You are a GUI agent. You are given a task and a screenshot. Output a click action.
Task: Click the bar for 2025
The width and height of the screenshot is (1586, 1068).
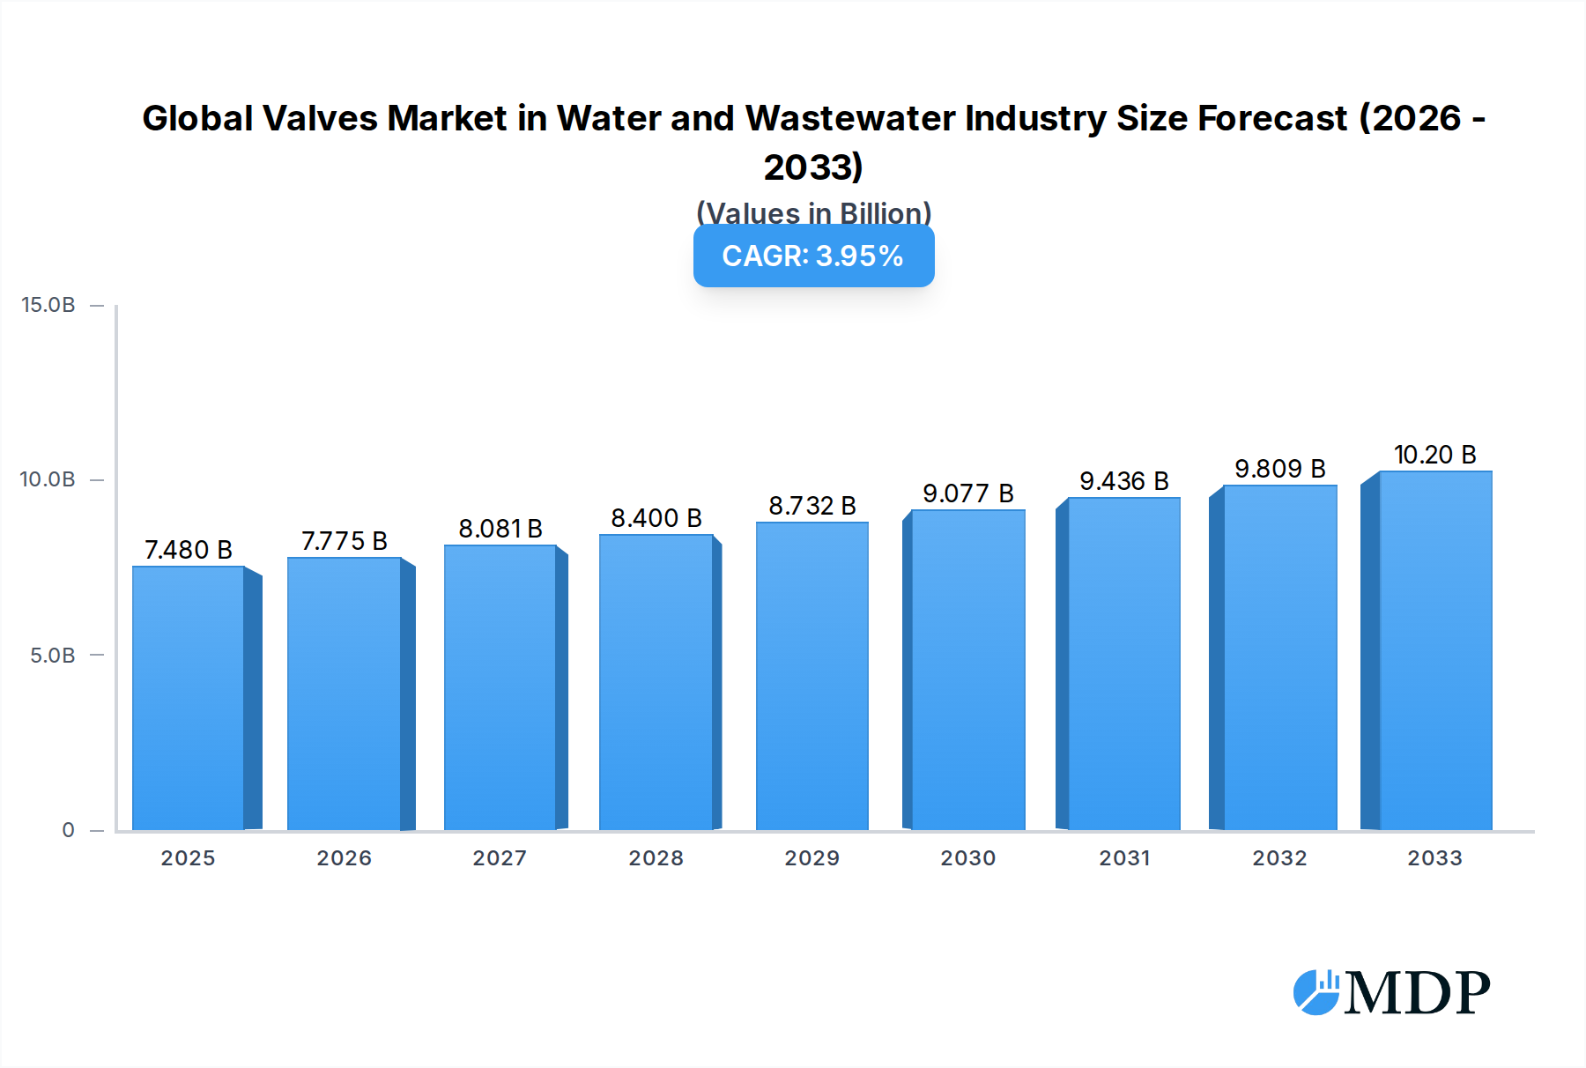[189, 698]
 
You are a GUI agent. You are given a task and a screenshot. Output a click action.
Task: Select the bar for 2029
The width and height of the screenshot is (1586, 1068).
[812, 676]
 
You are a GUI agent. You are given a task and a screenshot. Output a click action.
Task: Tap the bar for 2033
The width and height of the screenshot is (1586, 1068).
[1434, 650]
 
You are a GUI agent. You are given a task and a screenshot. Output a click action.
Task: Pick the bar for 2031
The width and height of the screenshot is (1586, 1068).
[1123, 664]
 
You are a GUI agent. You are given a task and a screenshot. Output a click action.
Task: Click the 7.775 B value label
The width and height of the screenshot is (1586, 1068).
[345, 541]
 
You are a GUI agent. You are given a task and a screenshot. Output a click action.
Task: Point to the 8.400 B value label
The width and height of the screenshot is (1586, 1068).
[656, 518]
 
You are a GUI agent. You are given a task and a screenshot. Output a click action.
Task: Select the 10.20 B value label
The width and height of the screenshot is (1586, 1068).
[1434, 455]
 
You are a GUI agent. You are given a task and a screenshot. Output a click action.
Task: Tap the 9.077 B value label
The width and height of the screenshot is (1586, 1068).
[967, 493]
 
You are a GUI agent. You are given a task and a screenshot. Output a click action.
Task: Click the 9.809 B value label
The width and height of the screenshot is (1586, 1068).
[1279, 469]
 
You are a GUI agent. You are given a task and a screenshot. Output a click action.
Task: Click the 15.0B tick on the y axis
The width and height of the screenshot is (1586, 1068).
[48, 305]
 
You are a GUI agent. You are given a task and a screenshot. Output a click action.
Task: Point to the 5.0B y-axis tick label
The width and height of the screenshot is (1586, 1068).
[53, 656]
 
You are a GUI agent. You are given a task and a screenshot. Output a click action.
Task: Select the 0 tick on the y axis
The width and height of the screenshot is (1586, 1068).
[68, 830]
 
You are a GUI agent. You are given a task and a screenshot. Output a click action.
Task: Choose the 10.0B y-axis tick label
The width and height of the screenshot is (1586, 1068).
[48, 479]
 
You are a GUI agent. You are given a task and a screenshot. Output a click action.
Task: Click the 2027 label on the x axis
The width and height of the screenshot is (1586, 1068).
[500, 858]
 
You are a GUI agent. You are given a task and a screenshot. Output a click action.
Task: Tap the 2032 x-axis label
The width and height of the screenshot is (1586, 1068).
[1279, 858]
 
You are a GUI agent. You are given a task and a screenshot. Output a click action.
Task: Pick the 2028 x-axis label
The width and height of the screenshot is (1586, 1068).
[656, 858]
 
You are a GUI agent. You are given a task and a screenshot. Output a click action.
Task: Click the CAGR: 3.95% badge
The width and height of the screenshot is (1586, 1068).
[813, 256]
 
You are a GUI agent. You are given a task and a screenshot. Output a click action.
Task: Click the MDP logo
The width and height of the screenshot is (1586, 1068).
[1391, 993]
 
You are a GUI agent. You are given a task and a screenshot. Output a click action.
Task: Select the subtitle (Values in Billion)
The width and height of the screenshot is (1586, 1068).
[813, 212]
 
